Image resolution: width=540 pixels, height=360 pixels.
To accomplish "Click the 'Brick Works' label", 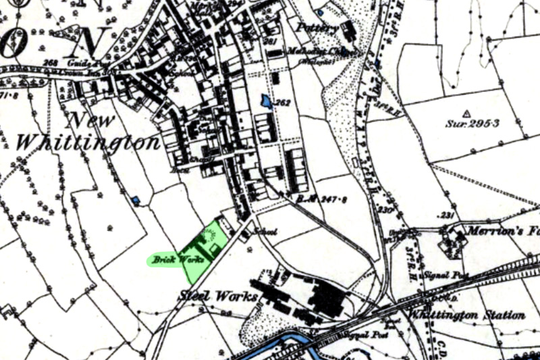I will click(169, 259).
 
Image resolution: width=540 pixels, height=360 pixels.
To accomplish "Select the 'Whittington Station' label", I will click(477, 315).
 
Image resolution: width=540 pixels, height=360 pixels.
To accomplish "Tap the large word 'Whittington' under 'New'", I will click(88, 143).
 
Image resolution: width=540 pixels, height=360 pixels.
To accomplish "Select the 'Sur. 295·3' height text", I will click(472, 124).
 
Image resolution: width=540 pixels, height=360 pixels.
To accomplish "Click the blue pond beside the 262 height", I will click(267, 101).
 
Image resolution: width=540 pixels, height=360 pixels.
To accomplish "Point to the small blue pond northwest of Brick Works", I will click(136, 200).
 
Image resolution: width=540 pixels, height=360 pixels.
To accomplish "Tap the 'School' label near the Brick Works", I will click(265, 232).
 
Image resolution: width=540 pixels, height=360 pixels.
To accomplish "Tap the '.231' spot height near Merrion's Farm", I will click(447, 215).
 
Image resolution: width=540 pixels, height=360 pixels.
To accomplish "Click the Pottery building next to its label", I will click(348, 30).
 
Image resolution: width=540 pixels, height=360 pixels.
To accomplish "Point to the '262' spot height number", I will click(282, 103).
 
